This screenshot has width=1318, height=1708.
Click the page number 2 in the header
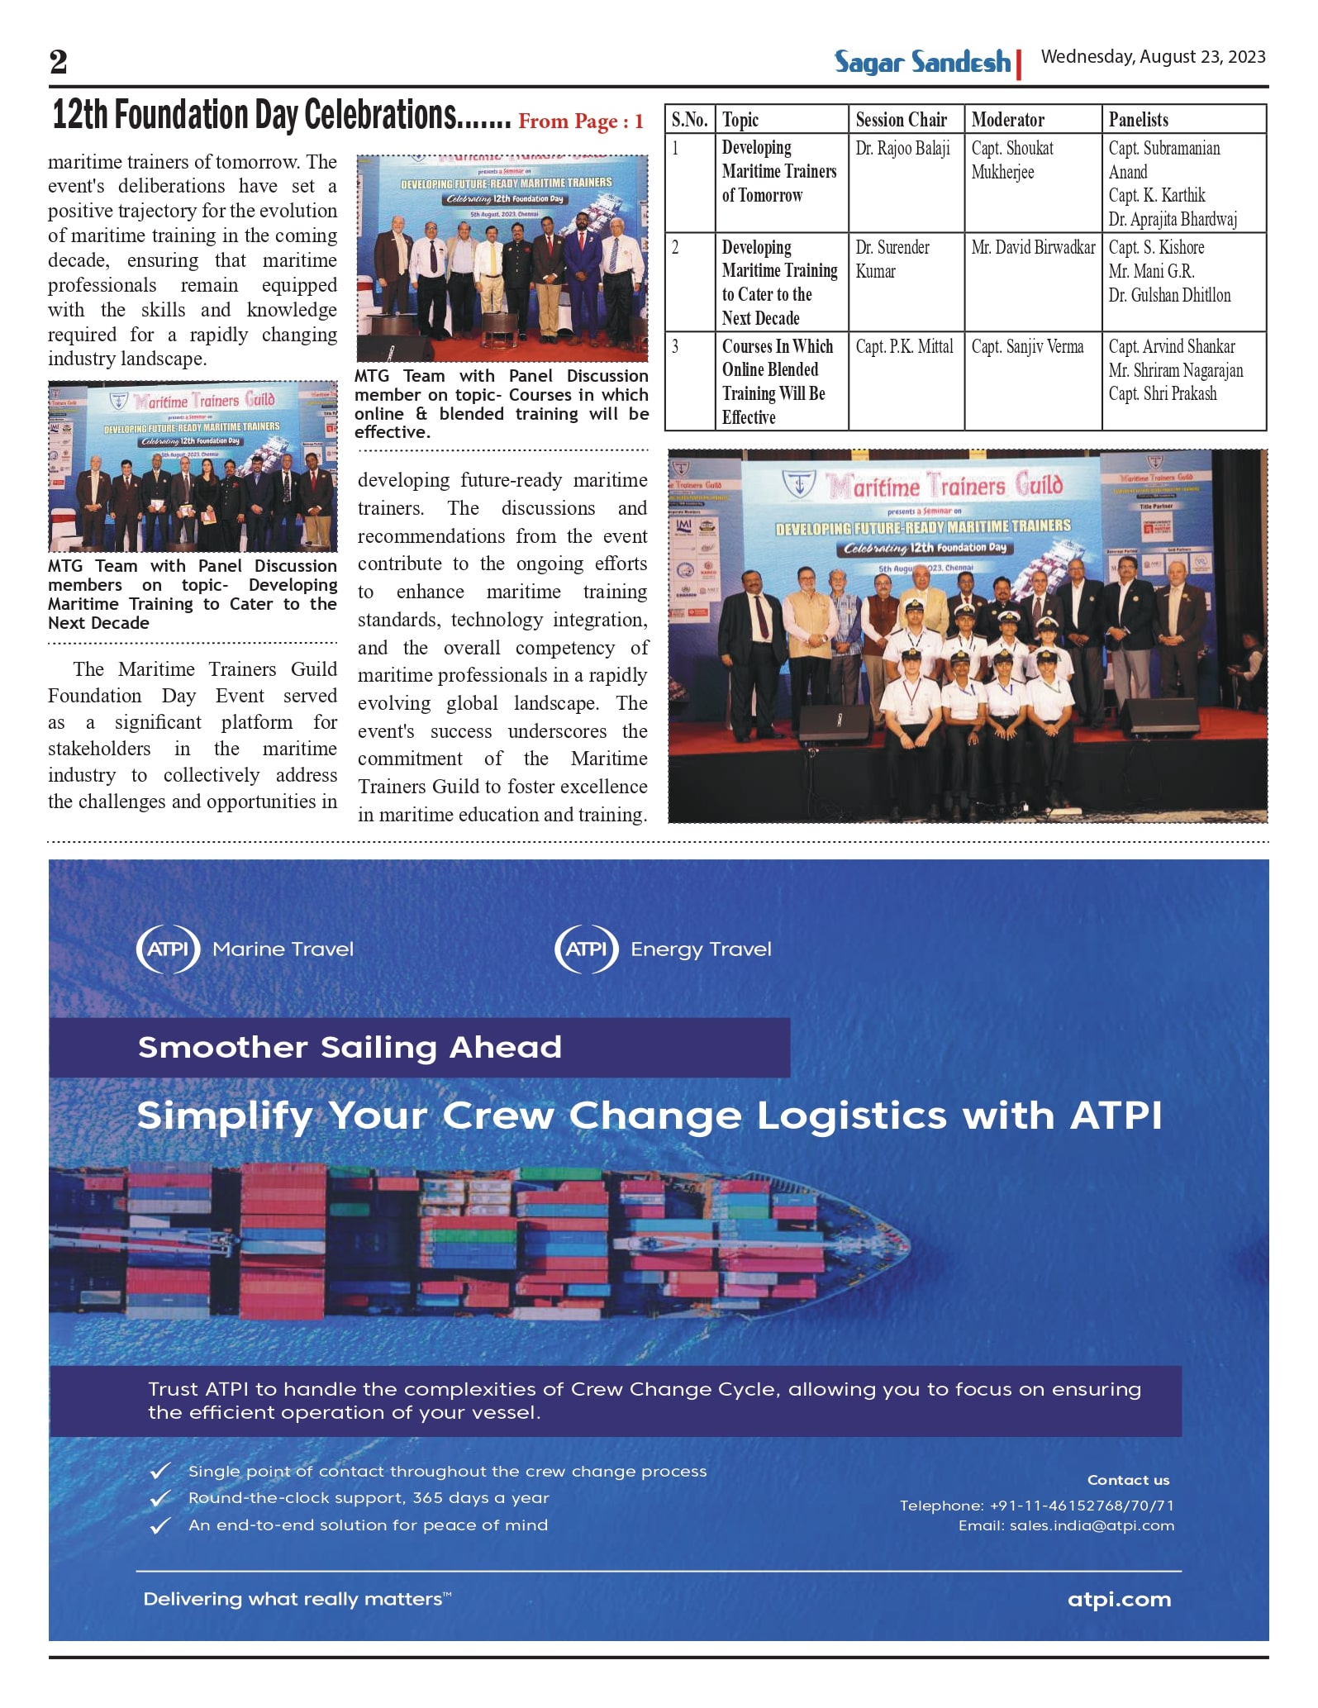[x=58, y=62]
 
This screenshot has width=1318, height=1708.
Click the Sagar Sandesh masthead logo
[x=922, y=62]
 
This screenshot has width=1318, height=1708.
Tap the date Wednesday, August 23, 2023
[x=1153, y=57]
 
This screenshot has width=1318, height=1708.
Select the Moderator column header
[x=1007, y=120]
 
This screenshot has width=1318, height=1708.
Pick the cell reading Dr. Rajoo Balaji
[x=902, y=149]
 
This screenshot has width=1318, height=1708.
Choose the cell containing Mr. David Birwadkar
[x=1033, y=248]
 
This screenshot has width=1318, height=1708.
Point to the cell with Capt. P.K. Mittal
[x=904, y=347]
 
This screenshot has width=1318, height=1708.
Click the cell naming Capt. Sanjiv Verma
[x=1027, y=347]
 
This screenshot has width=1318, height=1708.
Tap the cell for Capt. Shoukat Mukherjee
[x=1012, y=160]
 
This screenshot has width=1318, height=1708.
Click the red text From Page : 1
[x=580, y=122]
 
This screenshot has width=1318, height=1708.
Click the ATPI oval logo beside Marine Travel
[x=169, y=949]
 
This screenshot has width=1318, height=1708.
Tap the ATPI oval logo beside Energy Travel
[x=587, y=949]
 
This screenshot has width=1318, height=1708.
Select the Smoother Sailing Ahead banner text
[x=350, y=1047]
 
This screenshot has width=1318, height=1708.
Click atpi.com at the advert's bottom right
[x=1119, y=1599]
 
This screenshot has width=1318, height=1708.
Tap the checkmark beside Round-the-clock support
[x=160, y=1498]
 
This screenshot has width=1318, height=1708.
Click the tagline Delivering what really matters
[x=297, y=1599]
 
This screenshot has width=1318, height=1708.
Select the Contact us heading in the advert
[x=1128, y=1480]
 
